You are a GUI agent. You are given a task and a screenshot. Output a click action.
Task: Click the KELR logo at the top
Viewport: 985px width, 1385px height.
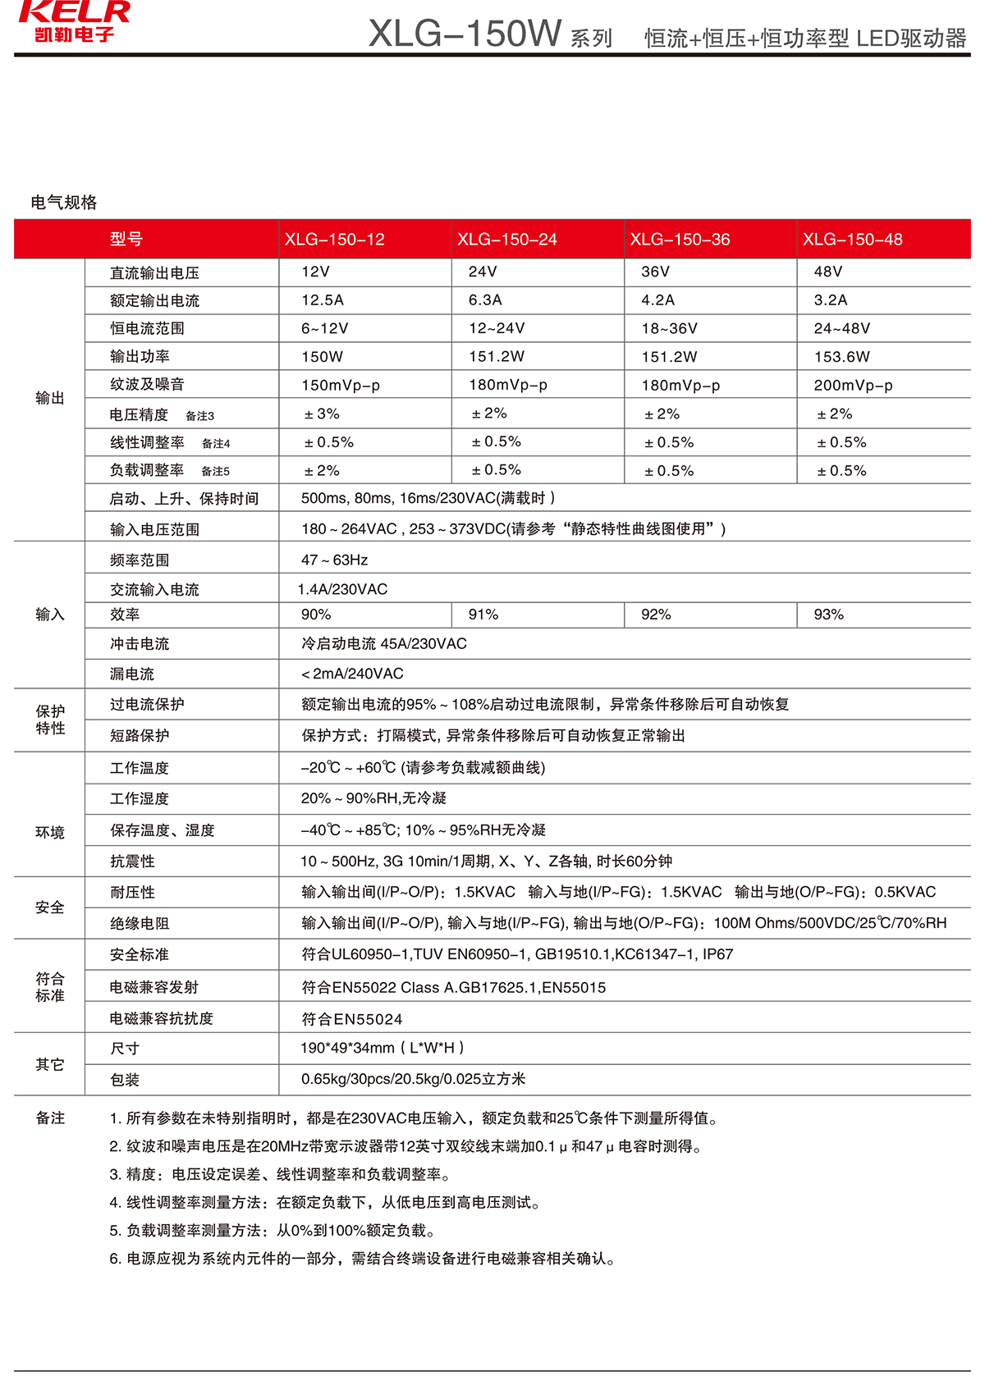74,21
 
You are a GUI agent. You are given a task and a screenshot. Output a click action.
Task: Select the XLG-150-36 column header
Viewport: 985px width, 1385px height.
680,240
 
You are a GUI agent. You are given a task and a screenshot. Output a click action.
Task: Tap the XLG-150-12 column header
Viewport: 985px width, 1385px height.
334,240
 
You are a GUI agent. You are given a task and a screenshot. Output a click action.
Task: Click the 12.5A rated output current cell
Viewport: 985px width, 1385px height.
323,300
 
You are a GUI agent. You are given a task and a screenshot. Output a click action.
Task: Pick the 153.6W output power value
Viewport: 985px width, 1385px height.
841,357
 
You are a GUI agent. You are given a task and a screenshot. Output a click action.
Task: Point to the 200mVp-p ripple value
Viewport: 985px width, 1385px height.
853,386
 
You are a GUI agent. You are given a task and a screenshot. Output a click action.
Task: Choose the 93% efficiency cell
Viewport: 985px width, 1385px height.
828,615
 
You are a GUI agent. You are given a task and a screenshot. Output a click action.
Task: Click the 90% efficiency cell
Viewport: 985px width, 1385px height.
316,615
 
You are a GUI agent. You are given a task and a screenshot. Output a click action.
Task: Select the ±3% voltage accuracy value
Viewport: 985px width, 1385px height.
322,414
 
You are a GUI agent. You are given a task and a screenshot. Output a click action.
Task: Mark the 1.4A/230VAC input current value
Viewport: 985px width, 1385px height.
342,589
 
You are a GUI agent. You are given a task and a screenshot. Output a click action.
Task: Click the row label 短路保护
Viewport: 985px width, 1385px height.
140,736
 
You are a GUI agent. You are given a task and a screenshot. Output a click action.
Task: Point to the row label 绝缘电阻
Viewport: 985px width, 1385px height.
140,924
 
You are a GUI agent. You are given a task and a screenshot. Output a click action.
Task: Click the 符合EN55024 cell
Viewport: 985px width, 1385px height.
352,1019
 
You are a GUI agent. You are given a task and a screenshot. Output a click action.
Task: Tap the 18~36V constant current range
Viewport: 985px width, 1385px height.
669,329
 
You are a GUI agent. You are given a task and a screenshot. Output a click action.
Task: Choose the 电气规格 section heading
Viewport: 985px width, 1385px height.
64,203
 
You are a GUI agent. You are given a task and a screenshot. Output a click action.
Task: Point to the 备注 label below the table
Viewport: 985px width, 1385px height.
50,1118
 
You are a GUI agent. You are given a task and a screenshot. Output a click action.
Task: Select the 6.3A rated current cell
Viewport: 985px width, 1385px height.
485,300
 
